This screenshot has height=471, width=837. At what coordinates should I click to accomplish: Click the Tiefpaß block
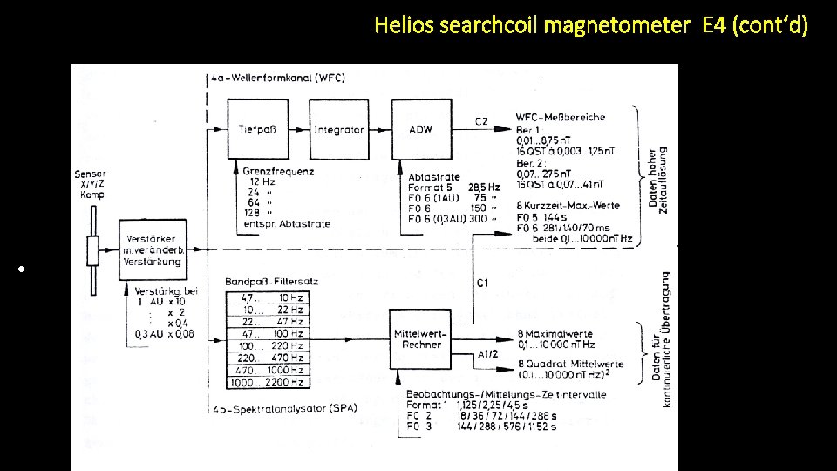click(257, 129)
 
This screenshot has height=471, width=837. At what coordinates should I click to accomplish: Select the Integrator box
click(338, 129)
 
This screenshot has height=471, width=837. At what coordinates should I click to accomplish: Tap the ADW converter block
click(420, 129)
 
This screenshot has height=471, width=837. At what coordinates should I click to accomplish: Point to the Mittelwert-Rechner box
click(420, 339)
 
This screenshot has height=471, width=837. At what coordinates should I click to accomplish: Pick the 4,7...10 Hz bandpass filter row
click(266, 297)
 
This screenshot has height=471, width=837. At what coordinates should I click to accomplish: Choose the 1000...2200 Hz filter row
click(266, 382)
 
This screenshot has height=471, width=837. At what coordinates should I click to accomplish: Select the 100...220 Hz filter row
click(266, 346)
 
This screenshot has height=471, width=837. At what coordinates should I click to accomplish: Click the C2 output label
click(481, 119)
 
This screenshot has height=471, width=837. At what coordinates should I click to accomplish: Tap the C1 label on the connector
click(482, 283)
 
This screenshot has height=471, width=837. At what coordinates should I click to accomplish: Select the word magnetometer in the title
click(616, 25)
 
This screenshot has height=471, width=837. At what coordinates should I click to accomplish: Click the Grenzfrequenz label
click(278, 172)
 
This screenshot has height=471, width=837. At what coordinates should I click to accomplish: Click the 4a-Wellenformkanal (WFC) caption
click(278, 78)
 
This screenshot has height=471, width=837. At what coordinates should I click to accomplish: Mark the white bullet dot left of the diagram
click(30, 268)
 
